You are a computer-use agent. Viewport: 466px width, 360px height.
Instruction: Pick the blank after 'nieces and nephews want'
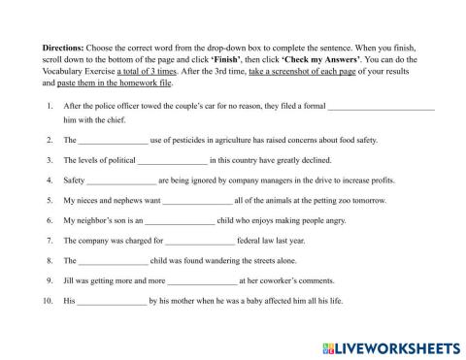[x=197, y=201]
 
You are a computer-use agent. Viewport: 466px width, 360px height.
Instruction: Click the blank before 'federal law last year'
[x=200, y=242]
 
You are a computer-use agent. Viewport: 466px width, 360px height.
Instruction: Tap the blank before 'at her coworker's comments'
[x=202, y=281]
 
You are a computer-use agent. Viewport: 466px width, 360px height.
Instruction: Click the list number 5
[x=50, y=201]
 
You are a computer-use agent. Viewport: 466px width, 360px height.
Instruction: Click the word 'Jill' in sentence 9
[x=70, y=281]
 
